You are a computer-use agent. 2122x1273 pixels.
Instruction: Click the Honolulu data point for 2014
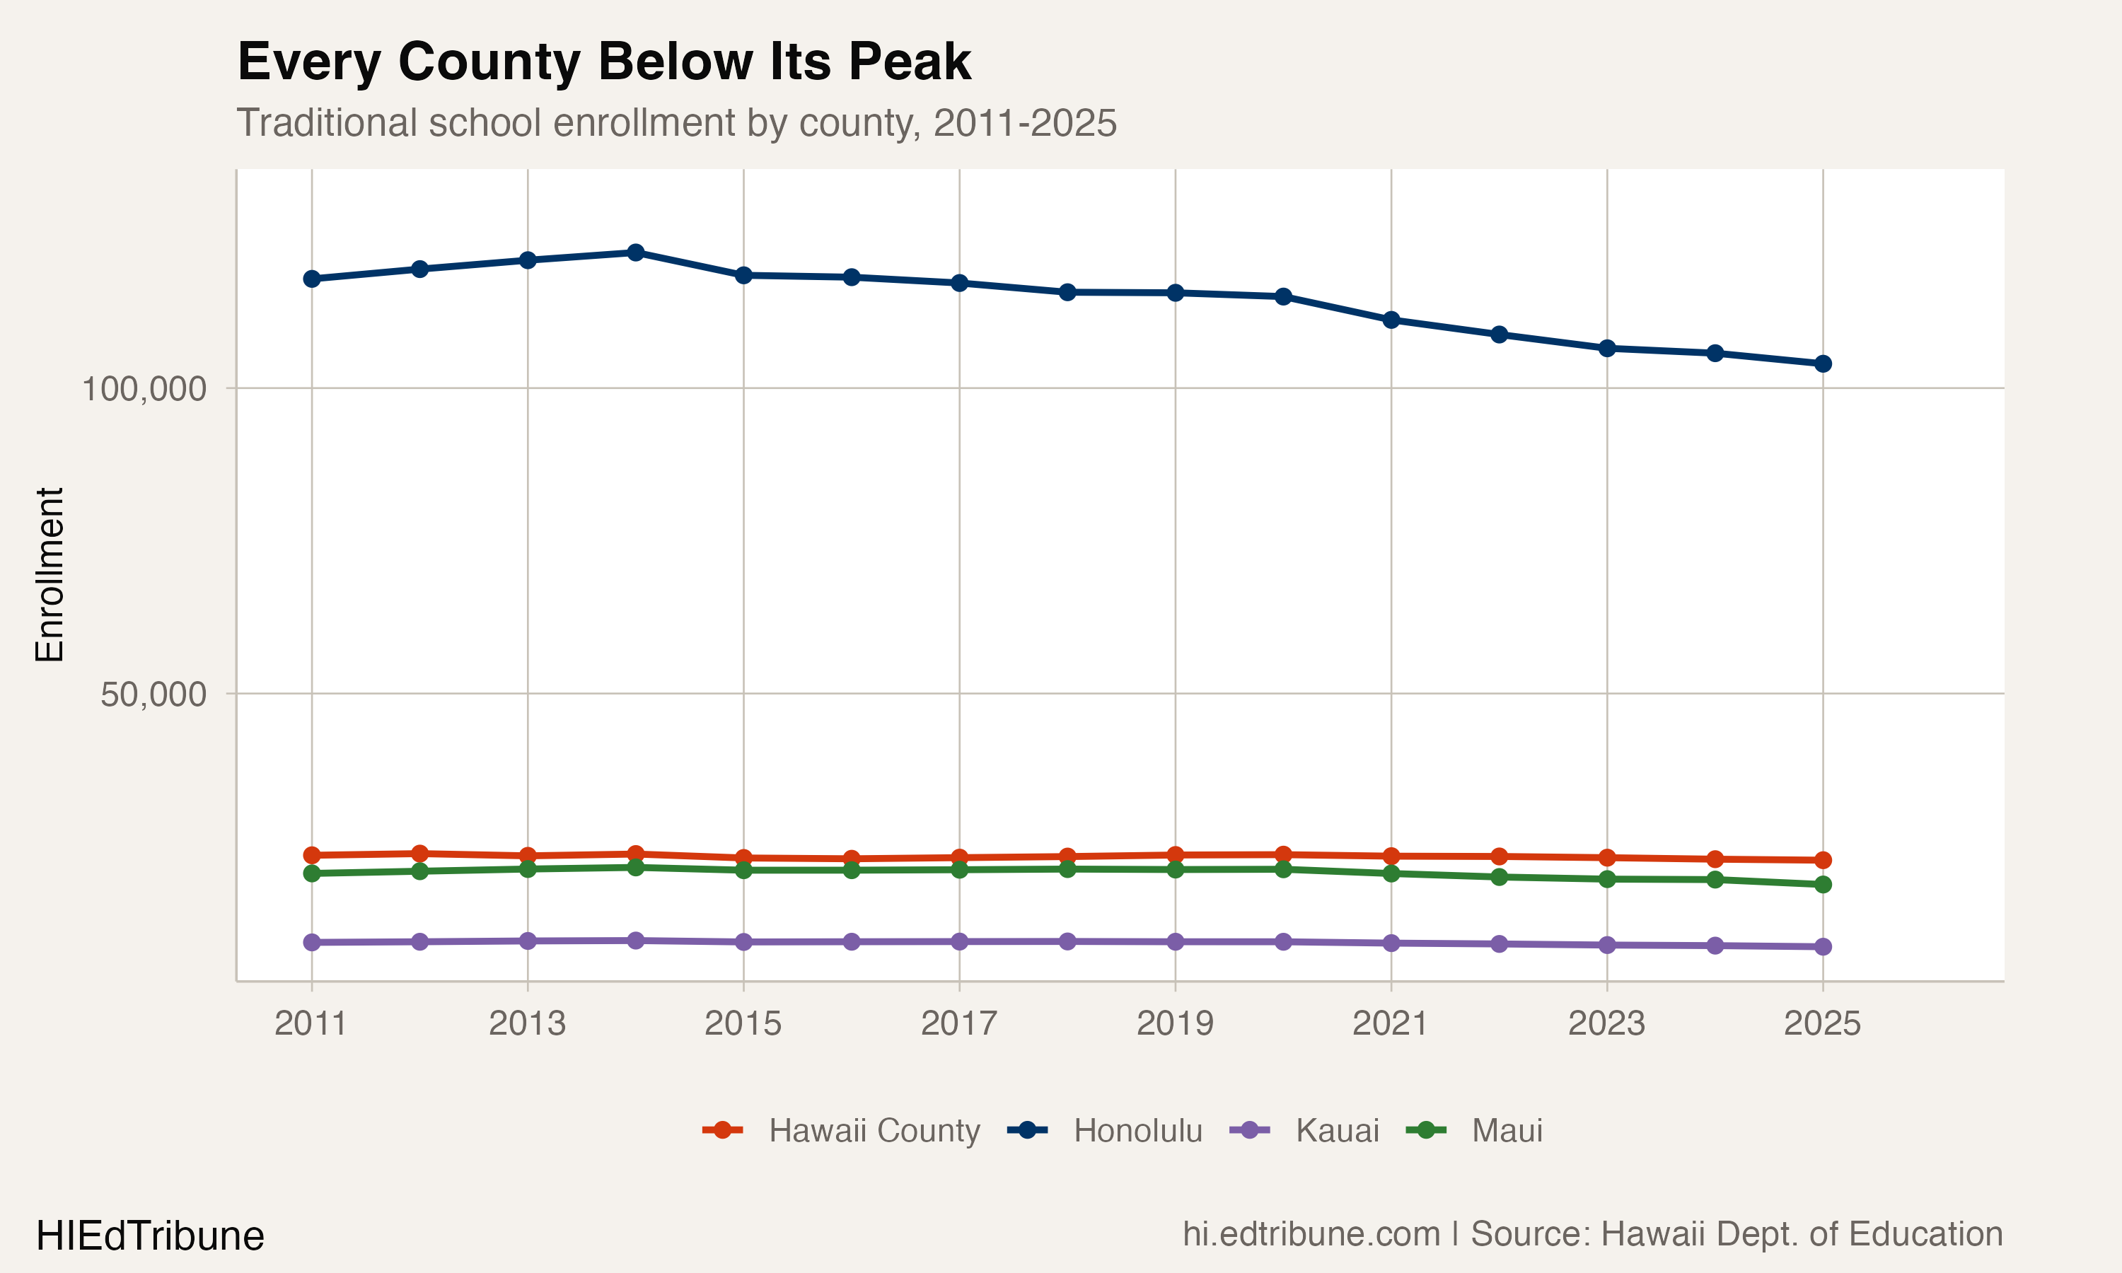click(636, 252)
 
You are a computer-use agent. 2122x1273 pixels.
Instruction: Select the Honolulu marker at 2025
click(1823, 364)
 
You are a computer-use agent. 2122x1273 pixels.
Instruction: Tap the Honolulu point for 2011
click(311, 279)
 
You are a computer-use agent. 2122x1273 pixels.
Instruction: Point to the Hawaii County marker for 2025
click(1823, 861)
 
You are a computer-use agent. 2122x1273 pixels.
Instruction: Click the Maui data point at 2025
click(1823, 885)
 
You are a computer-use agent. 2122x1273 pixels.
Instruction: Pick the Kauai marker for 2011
click(311, 943)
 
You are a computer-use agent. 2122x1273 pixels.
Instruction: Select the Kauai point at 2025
click(1823, 947)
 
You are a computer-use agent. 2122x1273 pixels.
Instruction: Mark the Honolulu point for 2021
click(1391, 320)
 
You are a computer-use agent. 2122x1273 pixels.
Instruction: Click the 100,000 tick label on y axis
click(144, 388)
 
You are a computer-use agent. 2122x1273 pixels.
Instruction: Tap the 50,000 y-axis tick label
click(153, 694)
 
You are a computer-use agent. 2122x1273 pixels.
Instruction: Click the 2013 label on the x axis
click(528, 1023)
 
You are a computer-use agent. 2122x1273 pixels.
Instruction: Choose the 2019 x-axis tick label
click(1175, 1023)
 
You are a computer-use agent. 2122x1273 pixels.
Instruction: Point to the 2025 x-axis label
click(1823, 1023)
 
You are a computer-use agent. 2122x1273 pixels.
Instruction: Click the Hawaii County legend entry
click(873, 1131)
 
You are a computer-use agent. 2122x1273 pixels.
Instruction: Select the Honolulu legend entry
click(1137, 1131)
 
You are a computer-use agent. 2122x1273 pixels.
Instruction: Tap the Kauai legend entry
click(1336, 1131)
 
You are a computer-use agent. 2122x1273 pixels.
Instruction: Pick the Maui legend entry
click(1506, 1131)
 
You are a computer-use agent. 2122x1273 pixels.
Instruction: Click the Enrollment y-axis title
click(50, 575)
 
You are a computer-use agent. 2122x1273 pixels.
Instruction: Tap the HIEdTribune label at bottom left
click(150, 1236)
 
